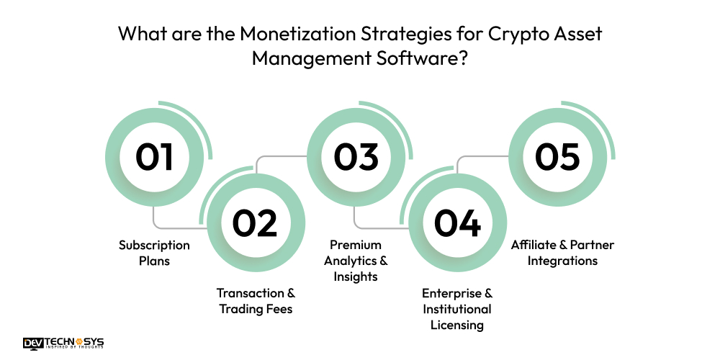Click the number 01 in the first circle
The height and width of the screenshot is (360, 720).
[x=155, y=158]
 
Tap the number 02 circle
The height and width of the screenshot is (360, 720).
[x=256, y=222]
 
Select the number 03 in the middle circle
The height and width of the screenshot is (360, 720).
[x=356, y=158]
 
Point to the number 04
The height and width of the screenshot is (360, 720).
[x=457, y=222]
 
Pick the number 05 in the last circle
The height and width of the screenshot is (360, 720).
[x=558, y=158]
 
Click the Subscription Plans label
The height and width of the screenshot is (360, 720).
[x=154, y=253]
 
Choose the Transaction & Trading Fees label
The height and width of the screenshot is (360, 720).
[x=256, y=301]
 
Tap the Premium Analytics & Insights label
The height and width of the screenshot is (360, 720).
[x=356, y=261]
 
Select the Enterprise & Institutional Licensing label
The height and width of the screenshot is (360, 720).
[x=456, y=309]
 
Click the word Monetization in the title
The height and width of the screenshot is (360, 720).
[x=300, y=34]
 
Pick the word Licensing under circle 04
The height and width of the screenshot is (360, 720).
[x=456, y=325]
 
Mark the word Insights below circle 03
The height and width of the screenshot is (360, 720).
[x=356, y=276]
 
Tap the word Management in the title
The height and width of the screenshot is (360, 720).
[x=305, y=58]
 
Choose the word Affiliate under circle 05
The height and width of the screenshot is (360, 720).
[x=534, y=245]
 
